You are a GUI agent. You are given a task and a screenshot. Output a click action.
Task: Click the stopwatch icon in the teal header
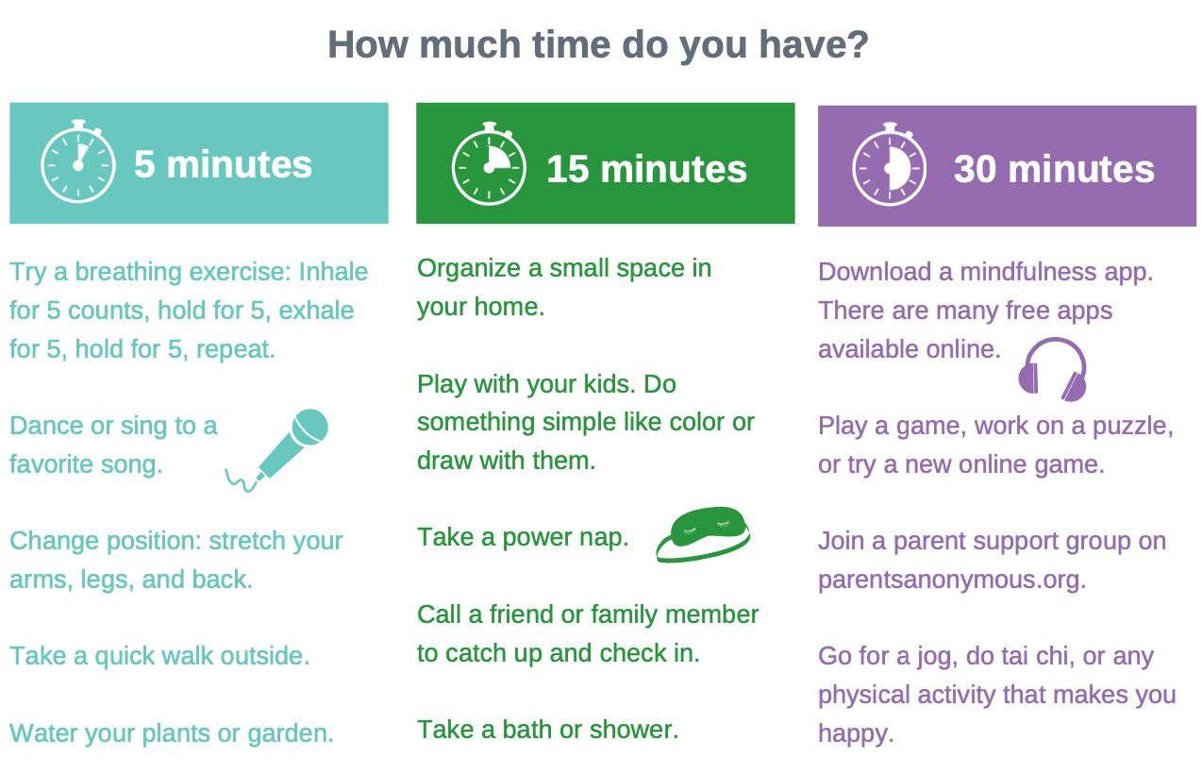[78, 161]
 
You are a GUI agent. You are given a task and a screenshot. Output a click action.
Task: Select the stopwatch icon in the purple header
[890, 164]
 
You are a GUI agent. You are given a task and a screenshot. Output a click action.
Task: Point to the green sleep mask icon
[703, 534]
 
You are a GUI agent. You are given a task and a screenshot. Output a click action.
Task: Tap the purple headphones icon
[1053, 369]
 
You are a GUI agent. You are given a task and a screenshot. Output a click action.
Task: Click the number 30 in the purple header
[976, 170]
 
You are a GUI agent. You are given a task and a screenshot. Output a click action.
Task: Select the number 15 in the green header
[568, 170]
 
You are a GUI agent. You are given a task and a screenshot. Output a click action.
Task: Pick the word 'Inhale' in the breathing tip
[333, 272]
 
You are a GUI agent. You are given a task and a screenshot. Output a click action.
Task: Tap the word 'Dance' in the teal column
[46, 426]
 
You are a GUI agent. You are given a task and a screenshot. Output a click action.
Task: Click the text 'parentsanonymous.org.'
[952, 579]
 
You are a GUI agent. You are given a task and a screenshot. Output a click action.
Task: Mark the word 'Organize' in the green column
[469, 268]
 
